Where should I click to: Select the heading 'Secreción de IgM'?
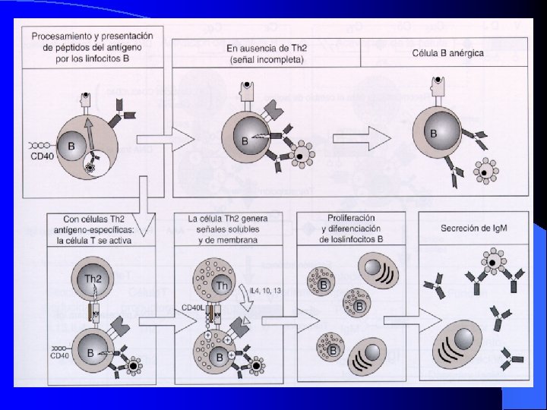[x=474, y=228]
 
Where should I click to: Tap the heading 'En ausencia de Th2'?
[x=267, y=48]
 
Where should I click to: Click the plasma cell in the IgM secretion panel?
[x=461, y=345]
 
